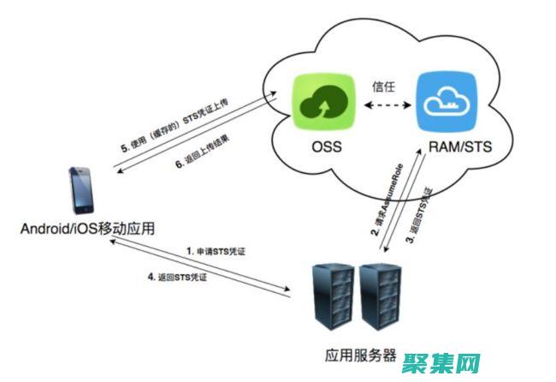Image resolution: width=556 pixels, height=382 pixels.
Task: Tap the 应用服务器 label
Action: pos(358,356)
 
